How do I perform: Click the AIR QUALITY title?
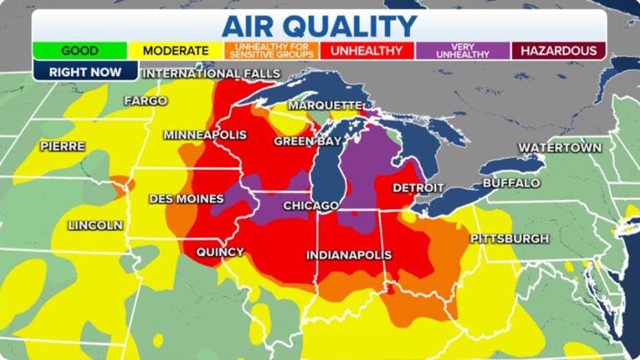click(319, 25)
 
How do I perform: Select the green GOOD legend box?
click(80, 51)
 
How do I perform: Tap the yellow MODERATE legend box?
click(176, 51)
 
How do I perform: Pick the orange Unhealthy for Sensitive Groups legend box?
click(271, 51)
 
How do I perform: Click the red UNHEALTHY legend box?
click(366, 51)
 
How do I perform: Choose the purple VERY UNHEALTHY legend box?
click(462, 51)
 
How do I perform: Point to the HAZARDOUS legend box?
click(558, 51)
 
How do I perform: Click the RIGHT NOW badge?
click(85, 71)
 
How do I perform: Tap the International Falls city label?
click(212, 74)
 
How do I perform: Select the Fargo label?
click(146, 101)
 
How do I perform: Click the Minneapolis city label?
click(205, 135)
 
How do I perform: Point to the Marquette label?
click(325, 105)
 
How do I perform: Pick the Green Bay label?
click(308, 142)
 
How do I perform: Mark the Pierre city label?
click(62, 146)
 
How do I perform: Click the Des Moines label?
click(186, 199)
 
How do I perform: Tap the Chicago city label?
click(311, 205)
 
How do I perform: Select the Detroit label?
click(418, 188)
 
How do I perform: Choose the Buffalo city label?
click(511, 183)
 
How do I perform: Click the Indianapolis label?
click(349, 255)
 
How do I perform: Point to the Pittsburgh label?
click(510, 238)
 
